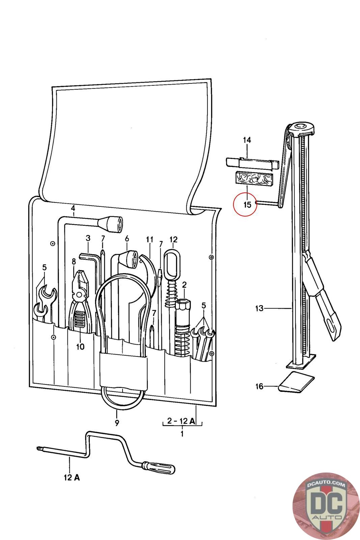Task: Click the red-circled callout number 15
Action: [247, 205]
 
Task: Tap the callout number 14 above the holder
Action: [247, 140]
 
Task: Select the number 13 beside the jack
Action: [259, 308]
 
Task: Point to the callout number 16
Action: [259, 386]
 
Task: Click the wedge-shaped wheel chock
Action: [296, 382]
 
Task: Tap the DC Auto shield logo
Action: [326, 507]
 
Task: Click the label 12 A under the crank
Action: [72, 478]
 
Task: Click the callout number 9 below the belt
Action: [117, 422]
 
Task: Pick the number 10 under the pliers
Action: [80, 347]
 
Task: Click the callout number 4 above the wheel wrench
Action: [73, 209]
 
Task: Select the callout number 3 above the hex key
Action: [88, 238]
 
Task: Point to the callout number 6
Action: [127, 239]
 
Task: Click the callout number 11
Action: [149, 240]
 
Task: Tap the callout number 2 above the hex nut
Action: [184, 285]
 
